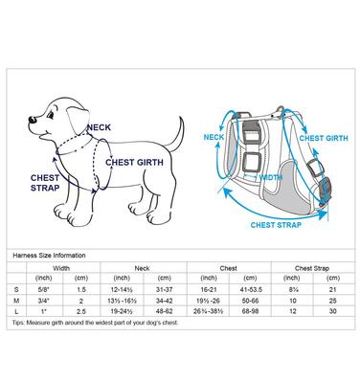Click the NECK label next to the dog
pyautogui.click(x=99, y=127)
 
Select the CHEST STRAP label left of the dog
pyautogui.click(x=46, y=182)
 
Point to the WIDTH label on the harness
pyautogui.click(x=271, y=177)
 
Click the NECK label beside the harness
pyautogui.click(x=216, y=136)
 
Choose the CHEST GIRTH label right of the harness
pyautogui.click(x=325, y=137)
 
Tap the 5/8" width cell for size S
pyautogui.click(x=46, y=286)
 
